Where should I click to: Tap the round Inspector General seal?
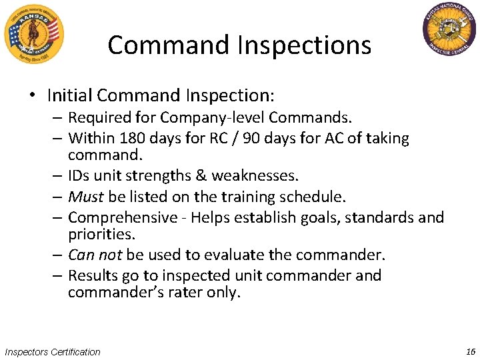coord(450,31)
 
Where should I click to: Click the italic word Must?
coord(86,197)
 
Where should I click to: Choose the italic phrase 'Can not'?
coord(95,255)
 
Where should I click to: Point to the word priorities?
coord(101,235)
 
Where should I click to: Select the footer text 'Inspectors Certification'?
coord(52,352)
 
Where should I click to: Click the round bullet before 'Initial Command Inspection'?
coord(32,96)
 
